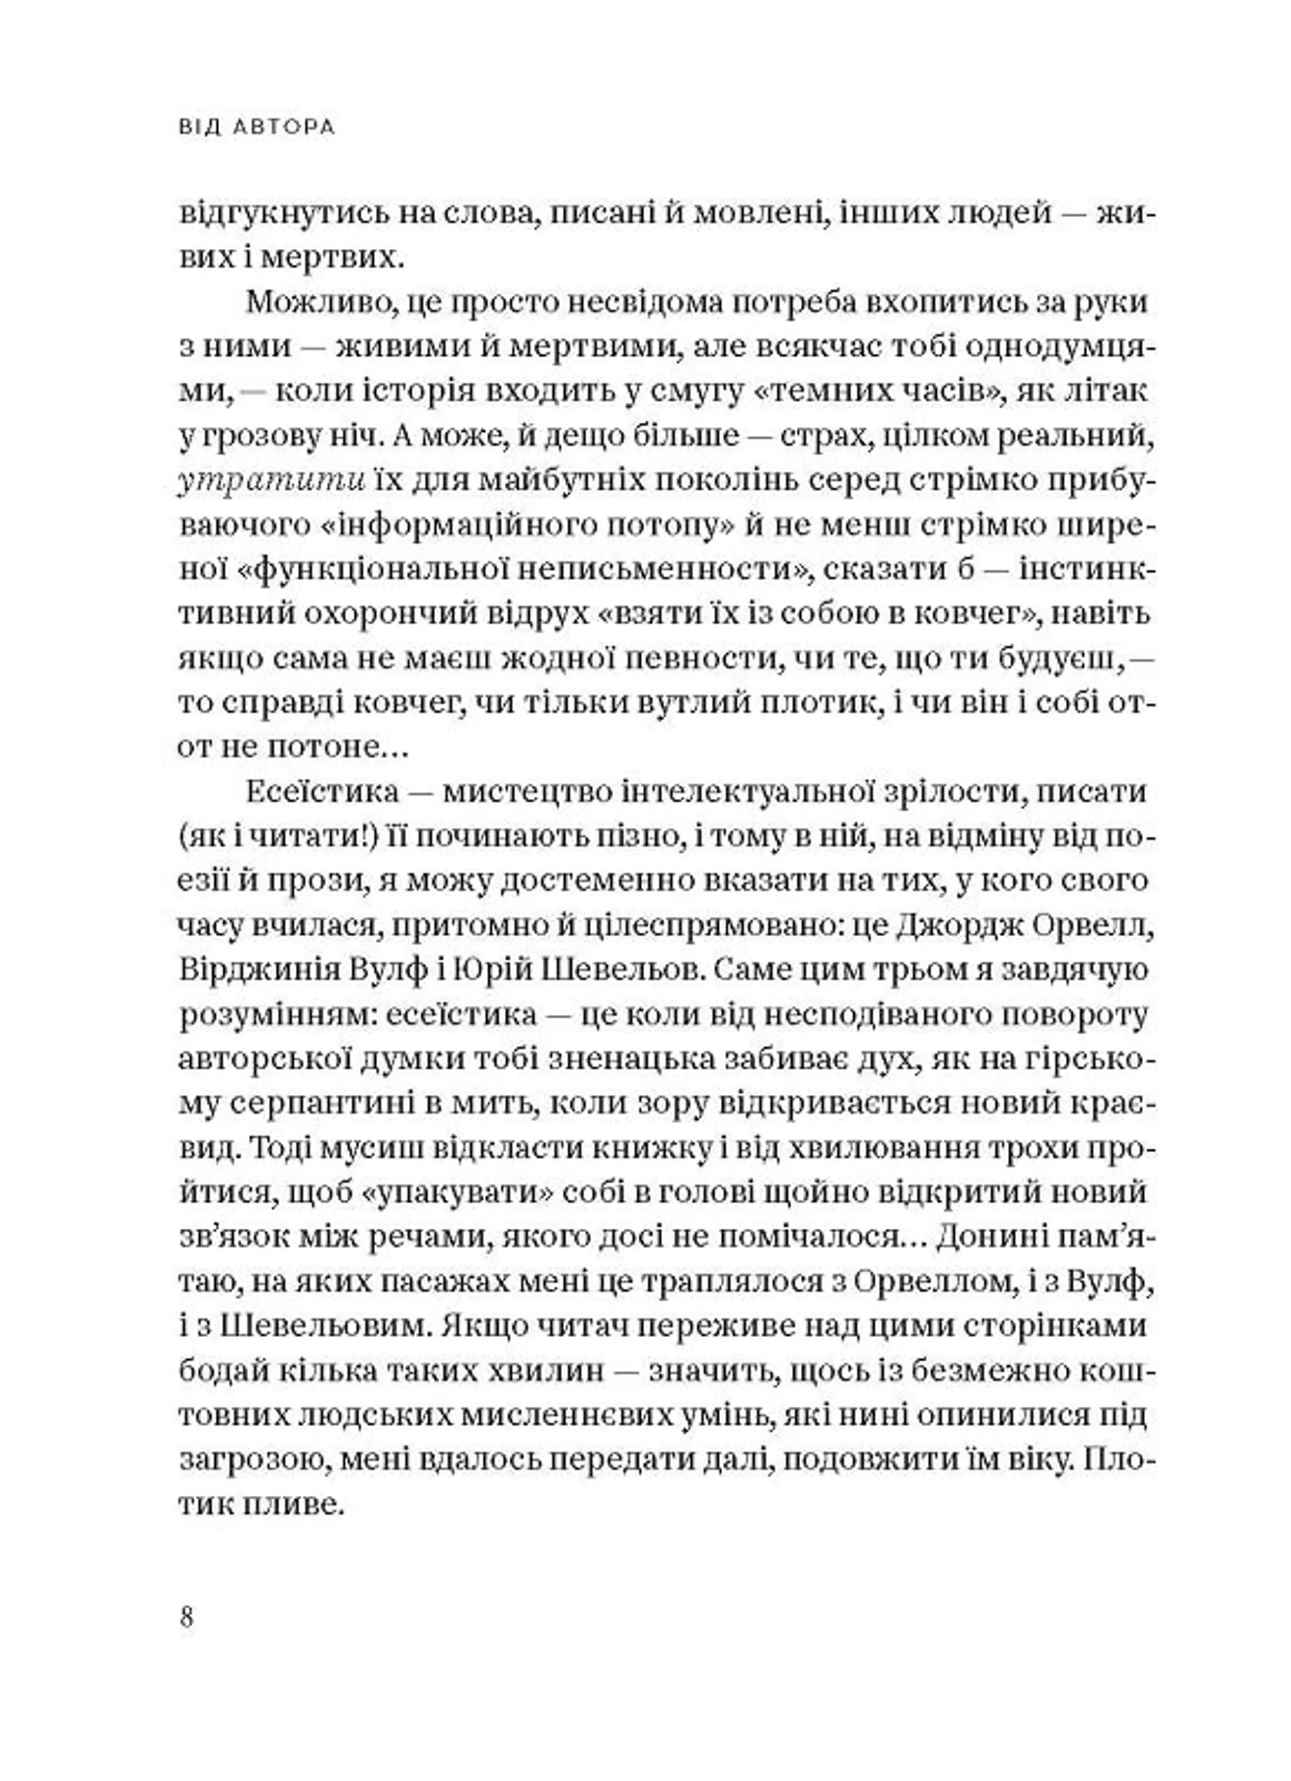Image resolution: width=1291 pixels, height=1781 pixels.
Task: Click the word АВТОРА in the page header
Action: point(284,127)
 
